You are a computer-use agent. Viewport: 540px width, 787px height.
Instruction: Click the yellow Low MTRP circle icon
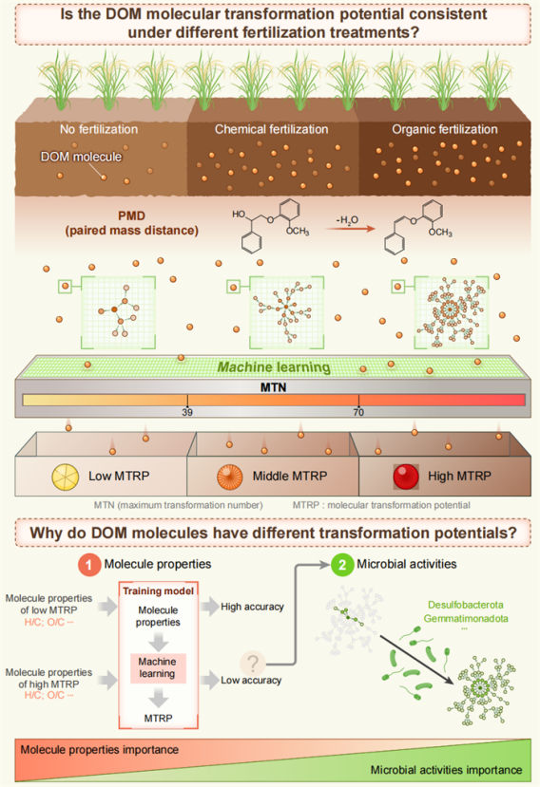coord(66,477)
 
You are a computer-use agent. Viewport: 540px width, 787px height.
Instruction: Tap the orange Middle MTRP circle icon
coord(230,477)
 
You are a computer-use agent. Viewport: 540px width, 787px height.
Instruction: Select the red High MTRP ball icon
coord(406,477)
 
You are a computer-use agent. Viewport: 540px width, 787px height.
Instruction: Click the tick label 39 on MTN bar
coord(187,412)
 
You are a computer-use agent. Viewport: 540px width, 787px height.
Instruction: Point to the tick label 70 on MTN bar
coord(358,412)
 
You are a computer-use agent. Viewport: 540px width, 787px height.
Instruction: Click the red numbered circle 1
coord(89,565)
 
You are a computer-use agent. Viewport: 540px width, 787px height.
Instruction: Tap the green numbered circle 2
coord(342,565)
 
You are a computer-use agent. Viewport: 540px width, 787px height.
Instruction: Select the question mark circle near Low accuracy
coord(253,663)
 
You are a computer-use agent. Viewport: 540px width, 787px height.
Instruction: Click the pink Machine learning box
coord(158,668)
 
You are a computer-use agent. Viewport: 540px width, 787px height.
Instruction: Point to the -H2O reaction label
coord(347,220)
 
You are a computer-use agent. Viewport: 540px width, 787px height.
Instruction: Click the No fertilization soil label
coord(99,129)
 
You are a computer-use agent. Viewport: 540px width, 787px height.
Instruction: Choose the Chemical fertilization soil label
coord(272,129)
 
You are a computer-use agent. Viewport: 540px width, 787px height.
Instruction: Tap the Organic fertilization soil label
coord(445,129)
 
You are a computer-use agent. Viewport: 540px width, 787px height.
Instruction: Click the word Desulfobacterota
coord(466,605)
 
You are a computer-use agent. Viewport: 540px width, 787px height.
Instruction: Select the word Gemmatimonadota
coord(466,618)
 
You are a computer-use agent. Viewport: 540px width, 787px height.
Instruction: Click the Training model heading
coord(159,591)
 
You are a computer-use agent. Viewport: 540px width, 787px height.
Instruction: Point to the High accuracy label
coord(252,607)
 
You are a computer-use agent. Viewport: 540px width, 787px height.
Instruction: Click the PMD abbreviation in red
coord(132,215)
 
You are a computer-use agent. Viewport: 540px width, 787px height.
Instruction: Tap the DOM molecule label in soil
coord(81,157)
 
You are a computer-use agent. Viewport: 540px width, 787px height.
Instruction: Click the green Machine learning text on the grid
coord(274,367)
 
